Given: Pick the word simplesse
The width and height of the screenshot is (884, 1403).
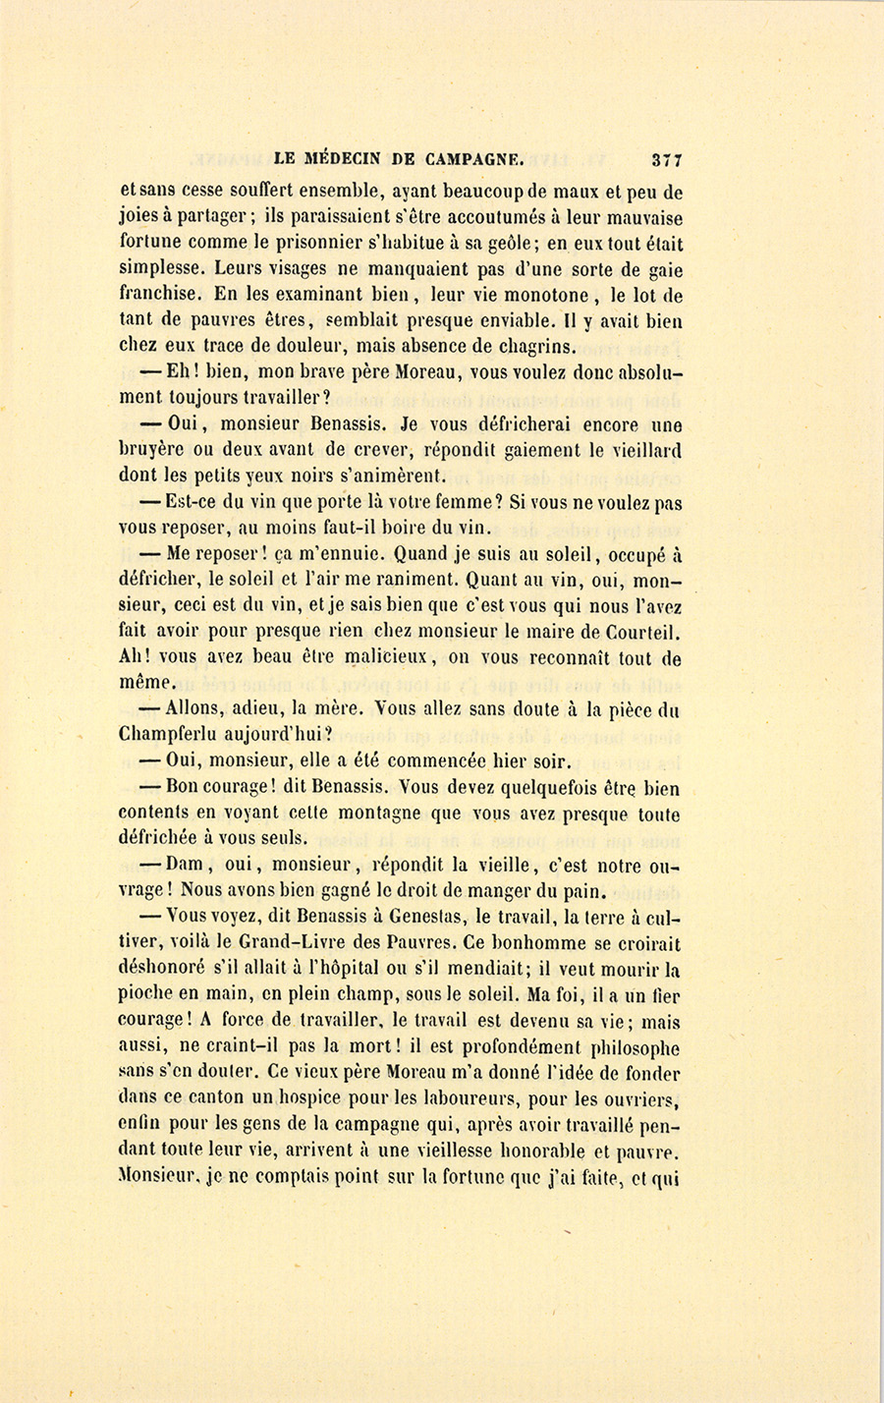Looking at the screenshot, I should coord(161,270).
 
